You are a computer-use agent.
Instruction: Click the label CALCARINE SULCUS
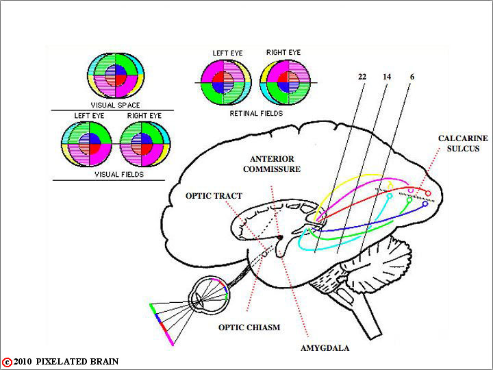(463, 143)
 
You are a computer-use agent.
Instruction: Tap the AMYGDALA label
(325, 348)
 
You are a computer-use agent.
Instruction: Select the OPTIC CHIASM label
(249, 328)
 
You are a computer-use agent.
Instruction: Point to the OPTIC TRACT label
(214, 196)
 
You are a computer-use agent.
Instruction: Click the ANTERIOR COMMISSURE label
(272, 164)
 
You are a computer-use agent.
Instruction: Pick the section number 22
(362, 77)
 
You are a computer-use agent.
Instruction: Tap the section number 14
(387, 77)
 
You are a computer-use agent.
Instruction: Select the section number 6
(412, 77)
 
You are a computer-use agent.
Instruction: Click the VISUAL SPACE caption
(116, 105)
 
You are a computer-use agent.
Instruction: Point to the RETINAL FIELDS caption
(256, 113)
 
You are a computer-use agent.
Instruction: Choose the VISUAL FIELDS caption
(119, 174)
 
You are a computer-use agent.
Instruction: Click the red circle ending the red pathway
(428, 193)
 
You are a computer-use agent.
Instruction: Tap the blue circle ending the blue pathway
(425, 204)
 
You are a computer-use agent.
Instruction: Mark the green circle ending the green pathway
(409, 200)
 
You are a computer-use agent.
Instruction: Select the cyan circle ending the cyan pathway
(390, 196)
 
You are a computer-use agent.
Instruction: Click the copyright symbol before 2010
(7, 362)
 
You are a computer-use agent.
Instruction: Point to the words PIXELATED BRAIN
(77, 362)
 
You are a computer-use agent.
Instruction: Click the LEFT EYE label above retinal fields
(227, 53)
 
